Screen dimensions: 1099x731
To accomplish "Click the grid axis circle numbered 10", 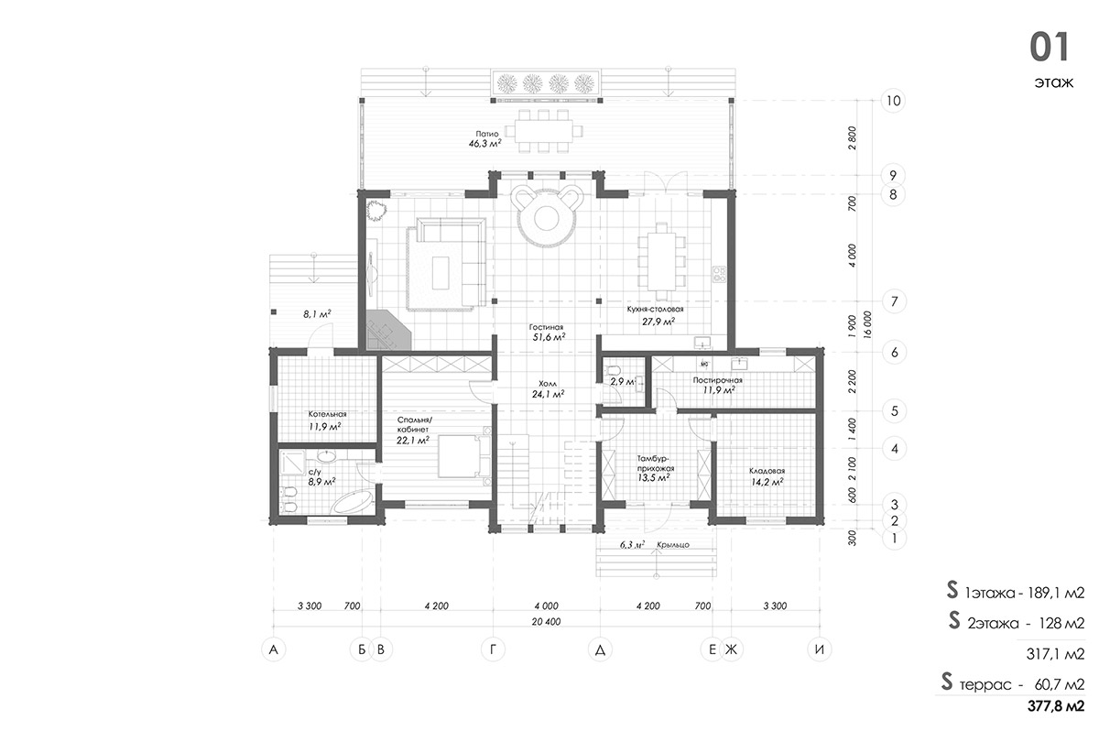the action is [893, 101].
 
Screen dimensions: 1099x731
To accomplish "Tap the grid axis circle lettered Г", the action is [493, 649].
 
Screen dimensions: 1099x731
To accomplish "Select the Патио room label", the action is [486, 134].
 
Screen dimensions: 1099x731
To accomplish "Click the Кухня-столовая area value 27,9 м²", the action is [658, 322].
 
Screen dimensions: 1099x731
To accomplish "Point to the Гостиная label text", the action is [546, 327].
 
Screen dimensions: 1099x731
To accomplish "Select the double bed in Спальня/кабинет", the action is [463, 456].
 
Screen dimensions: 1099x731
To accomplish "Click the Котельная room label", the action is [327, 414].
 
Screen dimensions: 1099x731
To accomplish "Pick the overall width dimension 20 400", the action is [546, 622].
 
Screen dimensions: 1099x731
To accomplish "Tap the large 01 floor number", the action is [1049, 47].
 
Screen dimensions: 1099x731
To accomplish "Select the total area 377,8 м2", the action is [1056, 706].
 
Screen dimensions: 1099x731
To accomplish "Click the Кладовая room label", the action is [767, 471].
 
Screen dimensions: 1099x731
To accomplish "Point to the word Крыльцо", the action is [672, 545].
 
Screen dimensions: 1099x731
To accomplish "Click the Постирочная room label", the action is [717, 380].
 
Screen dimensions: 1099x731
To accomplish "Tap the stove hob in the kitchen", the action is [719, 274].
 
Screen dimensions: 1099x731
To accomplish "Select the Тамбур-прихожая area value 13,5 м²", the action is [654, 478].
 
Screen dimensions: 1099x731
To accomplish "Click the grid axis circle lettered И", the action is [820, 649].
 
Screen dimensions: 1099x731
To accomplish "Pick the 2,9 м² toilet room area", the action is [623, 381].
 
